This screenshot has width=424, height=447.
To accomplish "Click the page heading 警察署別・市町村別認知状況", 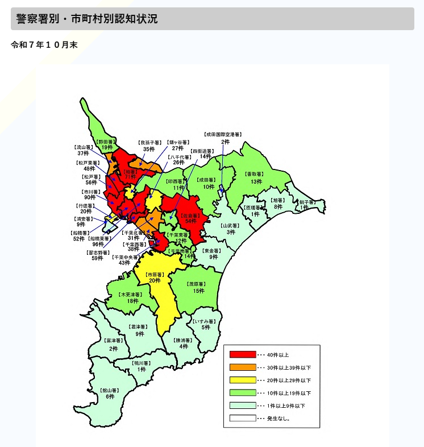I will pyautogui.click(x=87, y=19).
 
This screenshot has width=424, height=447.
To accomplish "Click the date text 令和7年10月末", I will pyautogui.click(x=44, y=45).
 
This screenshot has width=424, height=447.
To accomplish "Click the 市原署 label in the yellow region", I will pyautogui.click(x=155, y=277).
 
